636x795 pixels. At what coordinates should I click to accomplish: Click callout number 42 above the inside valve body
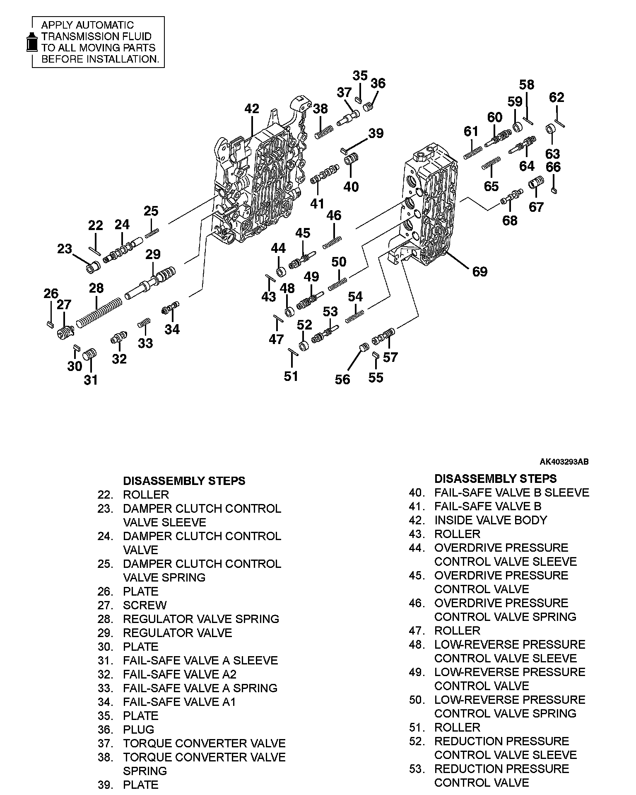tap(251, 109)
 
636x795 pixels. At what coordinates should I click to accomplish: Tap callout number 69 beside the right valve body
tap(479, 272)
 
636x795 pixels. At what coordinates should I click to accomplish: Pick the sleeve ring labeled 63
tap(551, 129)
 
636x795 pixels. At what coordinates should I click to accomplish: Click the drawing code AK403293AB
tap(564, 462)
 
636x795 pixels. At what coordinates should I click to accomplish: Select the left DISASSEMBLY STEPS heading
tap(184, 481)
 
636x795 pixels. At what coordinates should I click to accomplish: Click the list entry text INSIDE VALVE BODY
tap(490, 520)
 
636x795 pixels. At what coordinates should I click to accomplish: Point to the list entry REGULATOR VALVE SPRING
tap(201, 619)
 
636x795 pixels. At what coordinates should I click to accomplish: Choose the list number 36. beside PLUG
tap(105, 730)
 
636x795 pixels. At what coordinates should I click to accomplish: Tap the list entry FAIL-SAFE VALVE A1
tap(179, 702)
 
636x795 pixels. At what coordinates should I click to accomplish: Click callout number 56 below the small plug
tap(342, 379)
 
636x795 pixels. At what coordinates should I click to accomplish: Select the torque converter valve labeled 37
tap(348, 117)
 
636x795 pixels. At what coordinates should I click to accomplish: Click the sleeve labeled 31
tap(90, 355)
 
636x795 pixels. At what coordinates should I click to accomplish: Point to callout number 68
tap(510, 220)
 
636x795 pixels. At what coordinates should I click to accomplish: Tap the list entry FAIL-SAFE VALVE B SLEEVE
tap(511, 492)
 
